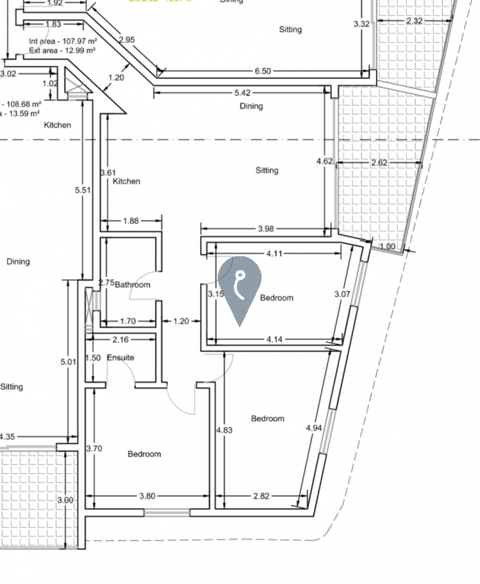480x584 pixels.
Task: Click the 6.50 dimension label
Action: click(x=263, y=71)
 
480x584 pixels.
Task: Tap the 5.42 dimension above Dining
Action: click(x=243, y=93)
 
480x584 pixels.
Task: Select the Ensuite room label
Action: click(x=121, y=358)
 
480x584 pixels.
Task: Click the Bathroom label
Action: click(x=132, y=285)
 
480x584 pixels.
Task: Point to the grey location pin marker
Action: click(x=240, y=286)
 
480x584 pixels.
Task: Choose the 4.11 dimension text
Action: click(x=274, y=254)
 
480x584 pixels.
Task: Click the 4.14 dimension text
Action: click(x=275, y=339)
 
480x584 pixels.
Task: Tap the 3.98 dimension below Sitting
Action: click(x=266, y=229)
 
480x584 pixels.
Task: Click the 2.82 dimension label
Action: click(x=261, y=496)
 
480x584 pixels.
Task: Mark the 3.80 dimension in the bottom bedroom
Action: click(x=147, y=496)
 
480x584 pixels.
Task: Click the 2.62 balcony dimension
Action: click(x=379, y=163)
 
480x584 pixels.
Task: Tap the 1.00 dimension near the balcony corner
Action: click(x=387, y=247)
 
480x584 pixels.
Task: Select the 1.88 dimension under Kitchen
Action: click(x=131, y=220)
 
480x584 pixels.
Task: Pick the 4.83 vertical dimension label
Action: click(x=224, y=431)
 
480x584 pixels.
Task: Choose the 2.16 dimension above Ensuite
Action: click(x=121, y=339)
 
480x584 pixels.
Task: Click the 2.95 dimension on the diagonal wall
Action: click(x=127, y=39)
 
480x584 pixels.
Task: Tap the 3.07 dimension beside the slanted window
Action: click(x=343, y=294)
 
